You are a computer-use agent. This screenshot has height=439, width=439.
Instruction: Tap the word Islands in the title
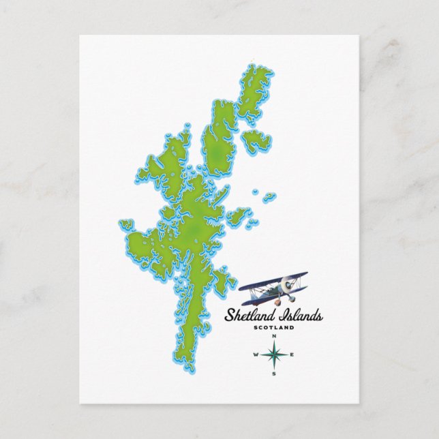pos(298,316)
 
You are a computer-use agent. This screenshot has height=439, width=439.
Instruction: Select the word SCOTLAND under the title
pos(273,328)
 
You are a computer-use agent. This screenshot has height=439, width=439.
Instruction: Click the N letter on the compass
pos(274,337)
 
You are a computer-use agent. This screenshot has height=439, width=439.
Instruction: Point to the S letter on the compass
pos(274,373)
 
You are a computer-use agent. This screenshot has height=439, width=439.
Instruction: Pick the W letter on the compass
pos(256,355)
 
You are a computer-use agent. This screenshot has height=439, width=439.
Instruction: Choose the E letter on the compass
pos(292,355)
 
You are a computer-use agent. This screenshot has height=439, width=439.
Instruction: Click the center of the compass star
pos(274,355)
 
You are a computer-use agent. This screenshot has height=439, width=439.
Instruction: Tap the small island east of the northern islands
pos(257,140)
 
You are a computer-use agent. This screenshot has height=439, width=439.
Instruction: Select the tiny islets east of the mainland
pos(269,196)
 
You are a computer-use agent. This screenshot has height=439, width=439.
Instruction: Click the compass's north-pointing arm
pos(274,346)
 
